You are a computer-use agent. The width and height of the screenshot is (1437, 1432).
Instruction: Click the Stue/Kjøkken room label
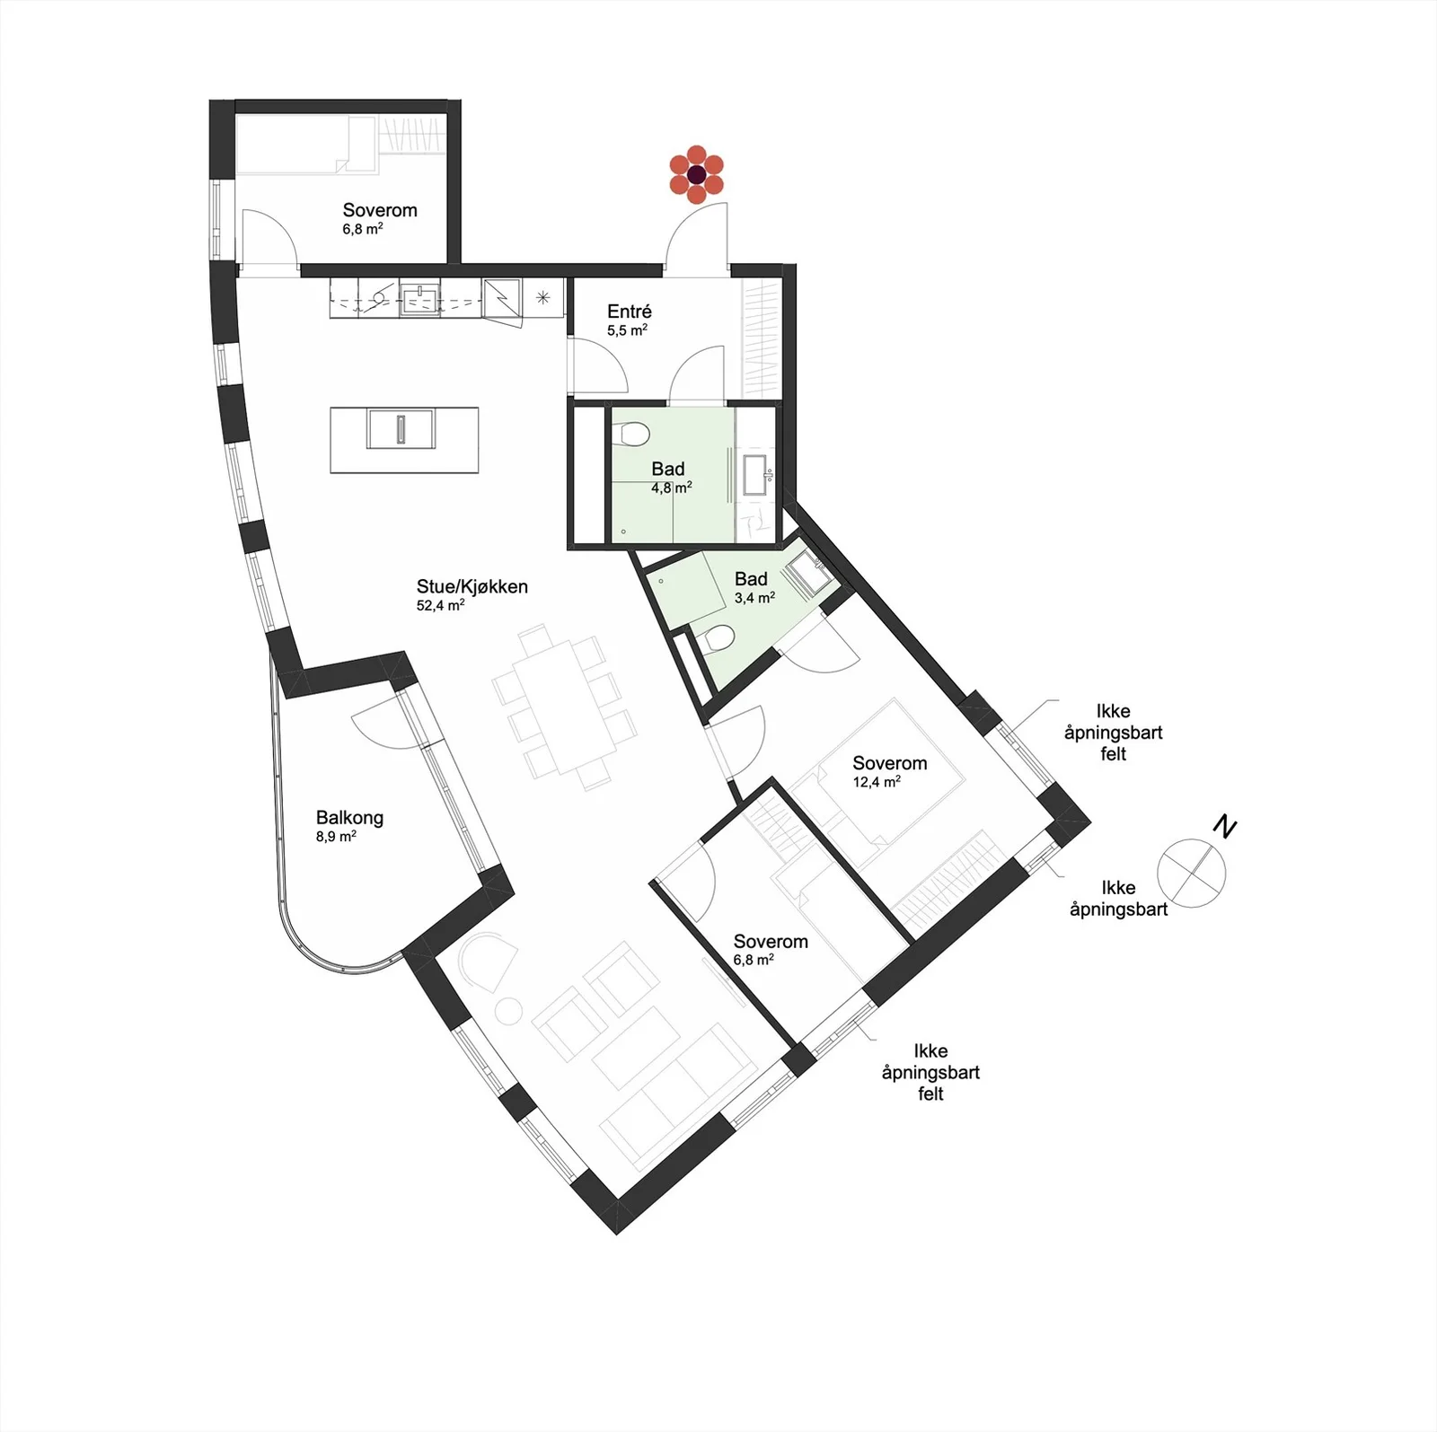[472, 586]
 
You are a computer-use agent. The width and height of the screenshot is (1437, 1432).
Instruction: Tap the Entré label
[629, 311]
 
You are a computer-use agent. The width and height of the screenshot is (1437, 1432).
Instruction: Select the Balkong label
[349, 817]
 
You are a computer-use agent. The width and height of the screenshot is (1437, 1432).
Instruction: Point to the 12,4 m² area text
[877, 782]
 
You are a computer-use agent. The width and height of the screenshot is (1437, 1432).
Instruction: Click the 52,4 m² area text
[440, 605]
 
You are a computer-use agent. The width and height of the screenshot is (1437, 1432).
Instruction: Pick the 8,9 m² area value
[336, 837]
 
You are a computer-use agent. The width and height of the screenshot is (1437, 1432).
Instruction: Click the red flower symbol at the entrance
[696, 174]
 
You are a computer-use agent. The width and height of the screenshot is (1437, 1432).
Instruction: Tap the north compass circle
[1191, 873]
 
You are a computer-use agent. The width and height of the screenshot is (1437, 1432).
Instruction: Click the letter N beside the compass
[1224, 827]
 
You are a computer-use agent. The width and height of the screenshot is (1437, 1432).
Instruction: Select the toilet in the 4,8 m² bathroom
[634, 434]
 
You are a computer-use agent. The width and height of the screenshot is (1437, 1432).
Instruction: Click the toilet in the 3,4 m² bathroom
[718, 639]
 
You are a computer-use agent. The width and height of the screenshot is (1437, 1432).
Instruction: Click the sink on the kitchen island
[401, 428]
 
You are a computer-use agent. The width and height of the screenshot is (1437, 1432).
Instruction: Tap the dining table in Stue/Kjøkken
[563, 706]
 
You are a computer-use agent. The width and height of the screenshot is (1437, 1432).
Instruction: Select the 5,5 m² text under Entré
[627, 330]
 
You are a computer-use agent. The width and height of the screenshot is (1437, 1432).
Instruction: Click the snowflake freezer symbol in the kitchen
[542, 297]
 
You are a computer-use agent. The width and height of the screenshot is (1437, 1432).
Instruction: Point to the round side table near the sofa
[509, 1013]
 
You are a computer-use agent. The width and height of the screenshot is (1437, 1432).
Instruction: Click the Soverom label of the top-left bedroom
[380, 210]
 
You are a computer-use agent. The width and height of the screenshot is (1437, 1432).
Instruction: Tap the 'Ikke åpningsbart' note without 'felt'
[1119, 898]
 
